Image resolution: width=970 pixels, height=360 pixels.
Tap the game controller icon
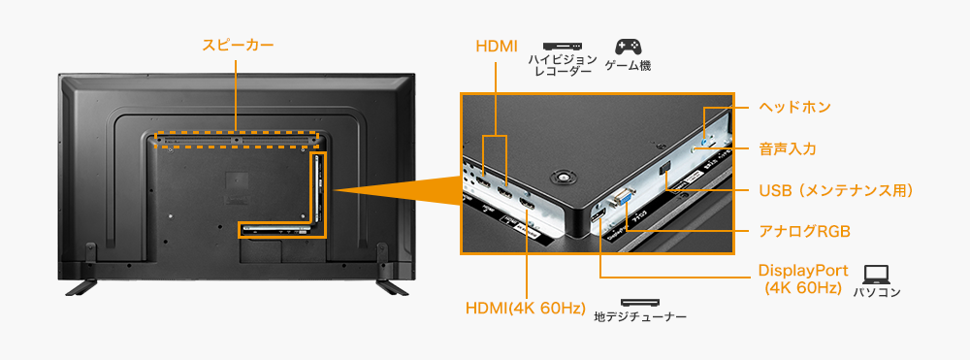628,47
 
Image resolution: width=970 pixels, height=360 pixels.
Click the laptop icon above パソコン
877,275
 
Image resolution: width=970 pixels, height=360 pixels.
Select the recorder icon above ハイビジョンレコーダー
561,47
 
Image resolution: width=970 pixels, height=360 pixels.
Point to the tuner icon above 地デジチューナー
639,303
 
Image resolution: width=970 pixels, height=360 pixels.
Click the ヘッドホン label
794,106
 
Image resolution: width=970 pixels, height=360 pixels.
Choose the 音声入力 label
787,148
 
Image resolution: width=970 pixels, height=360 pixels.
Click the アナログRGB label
804,231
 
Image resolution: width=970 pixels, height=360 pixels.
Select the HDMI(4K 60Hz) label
526,309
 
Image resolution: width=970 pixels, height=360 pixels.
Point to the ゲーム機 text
628,66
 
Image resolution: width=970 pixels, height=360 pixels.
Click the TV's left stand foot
81,285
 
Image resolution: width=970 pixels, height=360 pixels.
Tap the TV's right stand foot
390,285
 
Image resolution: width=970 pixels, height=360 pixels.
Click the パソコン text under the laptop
877,292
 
